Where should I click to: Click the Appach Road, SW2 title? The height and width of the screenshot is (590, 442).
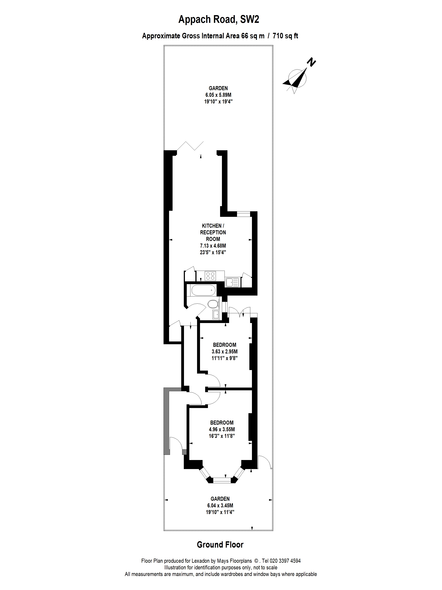[218, 20]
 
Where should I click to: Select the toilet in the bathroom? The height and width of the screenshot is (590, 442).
[212, 304]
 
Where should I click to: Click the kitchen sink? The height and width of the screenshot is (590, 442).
[232, 282]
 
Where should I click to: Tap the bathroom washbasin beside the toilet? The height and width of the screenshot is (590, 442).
[216, 315]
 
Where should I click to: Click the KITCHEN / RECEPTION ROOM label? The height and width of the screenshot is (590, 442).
[213, 232]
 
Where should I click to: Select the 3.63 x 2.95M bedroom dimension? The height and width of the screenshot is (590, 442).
[225, 352]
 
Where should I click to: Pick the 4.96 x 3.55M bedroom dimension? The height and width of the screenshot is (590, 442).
[222, 429]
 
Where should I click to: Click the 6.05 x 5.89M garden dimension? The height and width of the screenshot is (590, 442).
[218, 95]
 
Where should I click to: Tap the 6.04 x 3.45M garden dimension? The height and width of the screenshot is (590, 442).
[220, 505]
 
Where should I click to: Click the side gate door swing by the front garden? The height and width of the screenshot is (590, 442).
[265, 462]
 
